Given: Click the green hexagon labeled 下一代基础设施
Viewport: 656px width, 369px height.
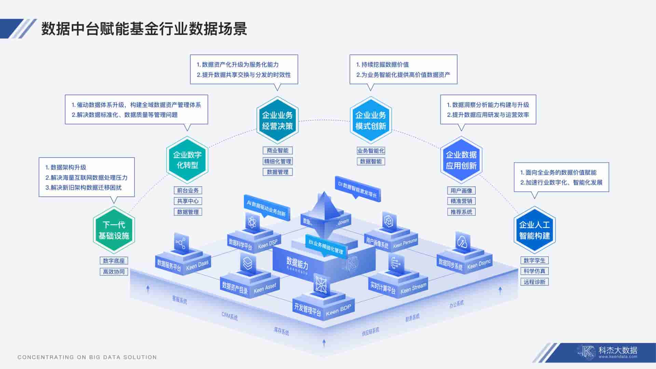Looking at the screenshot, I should pyautogui.click(x=114, y=230).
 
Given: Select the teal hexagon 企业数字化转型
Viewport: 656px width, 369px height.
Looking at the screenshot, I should pyautogui.click(x=187, y=160).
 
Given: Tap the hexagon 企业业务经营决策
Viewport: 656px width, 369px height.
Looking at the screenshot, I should pyautogui.click(x=277, y=120).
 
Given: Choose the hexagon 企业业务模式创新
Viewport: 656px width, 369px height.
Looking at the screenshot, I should pyautogui.click(x=371, y=120).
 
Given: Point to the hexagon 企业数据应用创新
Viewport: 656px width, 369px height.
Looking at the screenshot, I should pyautogui.click(x=461, y=160).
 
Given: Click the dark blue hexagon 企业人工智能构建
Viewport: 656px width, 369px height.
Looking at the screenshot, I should pyautogui.click(x=535, y=230).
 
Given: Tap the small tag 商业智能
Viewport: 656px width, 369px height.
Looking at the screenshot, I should pyautogui.click(x=277, y=151).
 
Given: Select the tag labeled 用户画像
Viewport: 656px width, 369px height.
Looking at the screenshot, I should pyautogui.click(x=461, y=191).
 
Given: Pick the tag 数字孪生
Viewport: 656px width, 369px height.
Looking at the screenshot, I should pyautogui.click(x=535, y=260).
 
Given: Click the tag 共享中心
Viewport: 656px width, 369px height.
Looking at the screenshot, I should pyautogui.click(x=188, y=201).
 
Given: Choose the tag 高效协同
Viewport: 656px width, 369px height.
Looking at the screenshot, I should pyautogui.click(x=114, y=272).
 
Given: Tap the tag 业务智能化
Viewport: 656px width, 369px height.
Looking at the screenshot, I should pyautogui.click(x=371, y=151).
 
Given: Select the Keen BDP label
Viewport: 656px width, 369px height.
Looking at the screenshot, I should pyautogui.click(x=338, y=310).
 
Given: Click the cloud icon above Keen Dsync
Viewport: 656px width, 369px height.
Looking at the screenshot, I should pyautogui.click(x=462, y=241).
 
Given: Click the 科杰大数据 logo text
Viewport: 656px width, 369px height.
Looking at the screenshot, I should pyautogui.click(x=618, y=351).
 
